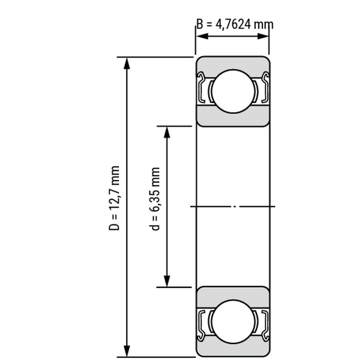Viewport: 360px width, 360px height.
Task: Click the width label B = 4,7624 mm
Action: pos(235,24)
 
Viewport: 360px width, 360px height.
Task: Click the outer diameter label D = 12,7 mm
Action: pos(114,198)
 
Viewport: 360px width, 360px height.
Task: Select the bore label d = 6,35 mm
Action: pos(154,199)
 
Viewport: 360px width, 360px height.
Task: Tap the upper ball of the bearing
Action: pos(233,91)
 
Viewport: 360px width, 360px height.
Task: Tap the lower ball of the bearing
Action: pos(233,322)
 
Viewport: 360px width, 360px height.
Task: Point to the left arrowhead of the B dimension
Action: pos(202,36)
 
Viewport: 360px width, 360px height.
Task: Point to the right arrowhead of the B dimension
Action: pos(263,36)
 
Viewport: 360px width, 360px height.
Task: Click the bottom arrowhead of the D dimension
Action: pos(127,351)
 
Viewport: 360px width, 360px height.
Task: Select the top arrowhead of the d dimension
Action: pos(167,132)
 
